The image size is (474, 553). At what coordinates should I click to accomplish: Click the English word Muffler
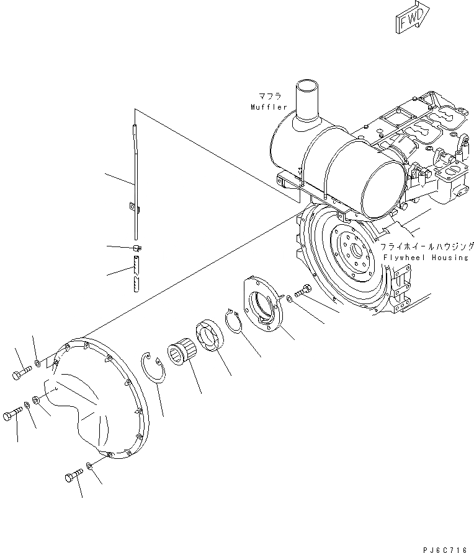pos(269,107)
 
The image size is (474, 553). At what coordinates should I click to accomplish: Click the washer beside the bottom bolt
pos(91,466)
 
